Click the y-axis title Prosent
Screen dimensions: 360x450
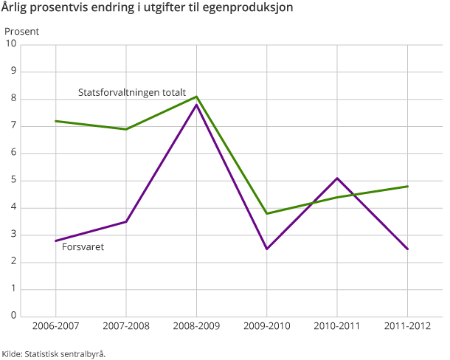click(x=22, y=32)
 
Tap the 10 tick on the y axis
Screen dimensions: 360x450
click(x=12, y=44)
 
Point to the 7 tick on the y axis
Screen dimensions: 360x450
click(x=13, y=126)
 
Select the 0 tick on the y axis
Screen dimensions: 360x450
click(x=13, y=316)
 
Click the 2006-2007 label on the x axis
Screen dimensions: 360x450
click(x=56, y=325)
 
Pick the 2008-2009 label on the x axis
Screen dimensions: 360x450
click(x=196, y=325)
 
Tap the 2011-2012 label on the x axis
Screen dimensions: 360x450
click(x=407, y=325)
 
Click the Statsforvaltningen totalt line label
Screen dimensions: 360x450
click(x=132, y=92)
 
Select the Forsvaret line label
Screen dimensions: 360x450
click(x=83, y=247)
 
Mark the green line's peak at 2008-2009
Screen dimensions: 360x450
click(x=196, y=97)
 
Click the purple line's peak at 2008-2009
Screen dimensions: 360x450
click(x=196, y=105)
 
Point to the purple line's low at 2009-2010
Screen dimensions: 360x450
click(x=266, y=249)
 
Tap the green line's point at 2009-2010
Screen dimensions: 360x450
click(x=266, y=213)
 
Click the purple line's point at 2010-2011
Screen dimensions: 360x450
click(x=337, y=178)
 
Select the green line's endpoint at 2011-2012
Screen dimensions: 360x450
click(x=407, y=186)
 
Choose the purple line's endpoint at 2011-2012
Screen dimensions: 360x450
click(x=407, y=249)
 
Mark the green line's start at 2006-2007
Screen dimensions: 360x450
click(x=56, y=121)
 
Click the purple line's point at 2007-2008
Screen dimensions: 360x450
click(x=126, y=221)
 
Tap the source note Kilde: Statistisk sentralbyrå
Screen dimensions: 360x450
click(x=54, y=353)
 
